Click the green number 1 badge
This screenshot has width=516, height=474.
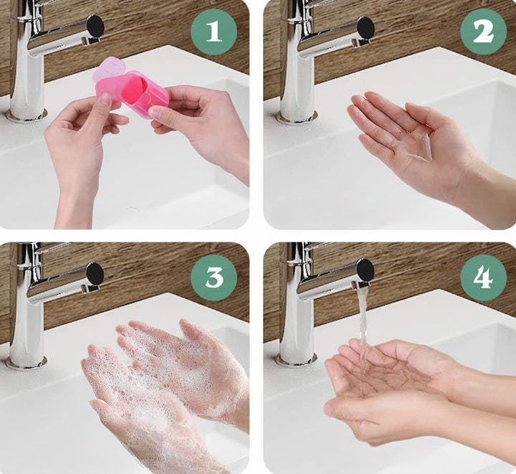[x=214, y=32]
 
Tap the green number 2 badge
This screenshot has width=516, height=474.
[x=483, y=32]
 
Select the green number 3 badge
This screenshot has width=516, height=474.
[x=214, y=278]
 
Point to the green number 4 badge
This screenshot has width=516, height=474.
[x=483, y=278]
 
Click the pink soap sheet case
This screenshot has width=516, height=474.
[x=132, y=90]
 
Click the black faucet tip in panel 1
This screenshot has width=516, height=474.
[x=95, y=27]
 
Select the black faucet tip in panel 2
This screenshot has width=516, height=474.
[x=365, y=27]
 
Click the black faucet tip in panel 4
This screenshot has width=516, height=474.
[x=365, y=270]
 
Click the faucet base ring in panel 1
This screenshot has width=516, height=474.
[x=27, y=116]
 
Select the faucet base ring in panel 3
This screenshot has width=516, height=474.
[x=27, y=362]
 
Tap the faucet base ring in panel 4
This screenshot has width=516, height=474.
[x=297, y=360]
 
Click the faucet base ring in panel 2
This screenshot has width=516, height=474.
[x=297, y=116]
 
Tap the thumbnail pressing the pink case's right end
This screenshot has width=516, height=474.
[x=155, y=113]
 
